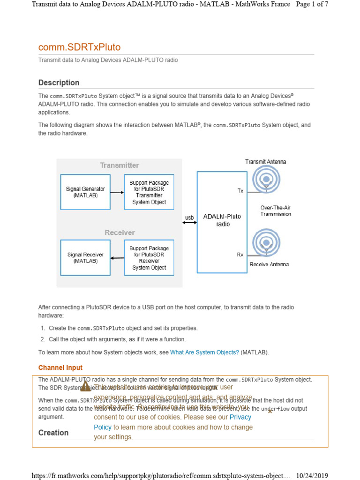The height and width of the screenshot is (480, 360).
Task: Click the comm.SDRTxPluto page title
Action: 79,47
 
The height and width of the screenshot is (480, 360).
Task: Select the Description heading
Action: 59,82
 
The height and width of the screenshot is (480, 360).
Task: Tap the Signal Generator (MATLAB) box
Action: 85,192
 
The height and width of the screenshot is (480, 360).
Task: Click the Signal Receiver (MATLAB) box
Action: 85,258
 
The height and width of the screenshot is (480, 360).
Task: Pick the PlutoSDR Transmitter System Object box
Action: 149,192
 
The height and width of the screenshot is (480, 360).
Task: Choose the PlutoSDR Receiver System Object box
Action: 149,258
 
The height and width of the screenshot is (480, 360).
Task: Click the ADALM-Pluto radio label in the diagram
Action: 222,220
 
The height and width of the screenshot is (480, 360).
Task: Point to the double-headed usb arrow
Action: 189,223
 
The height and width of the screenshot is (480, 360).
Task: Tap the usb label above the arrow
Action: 189,217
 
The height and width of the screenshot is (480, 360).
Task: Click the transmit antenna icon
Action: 266,180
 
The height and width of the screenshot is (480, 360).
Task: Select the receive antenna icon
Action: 266,243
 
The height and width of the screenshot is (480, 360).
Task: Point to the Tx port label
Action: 240,191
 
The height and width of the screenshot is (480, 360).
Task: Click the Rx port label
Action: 240,255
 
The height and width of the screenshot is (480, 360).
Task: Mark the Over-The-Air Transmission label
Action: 276,210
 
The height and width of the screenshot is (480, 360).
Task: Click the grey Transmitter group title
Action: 120,165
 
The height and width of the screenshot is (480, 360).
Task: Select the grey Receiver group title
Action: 120,232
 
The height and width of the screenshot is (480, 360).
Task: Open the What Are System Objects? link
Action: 204,352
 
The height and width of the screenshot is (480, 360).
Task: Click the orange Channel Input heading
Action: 60,368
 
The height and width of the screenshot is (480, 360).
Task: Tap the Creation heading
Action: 53,433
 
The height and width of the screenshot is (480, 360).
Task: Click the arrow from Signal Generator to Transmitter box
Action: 117,192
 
